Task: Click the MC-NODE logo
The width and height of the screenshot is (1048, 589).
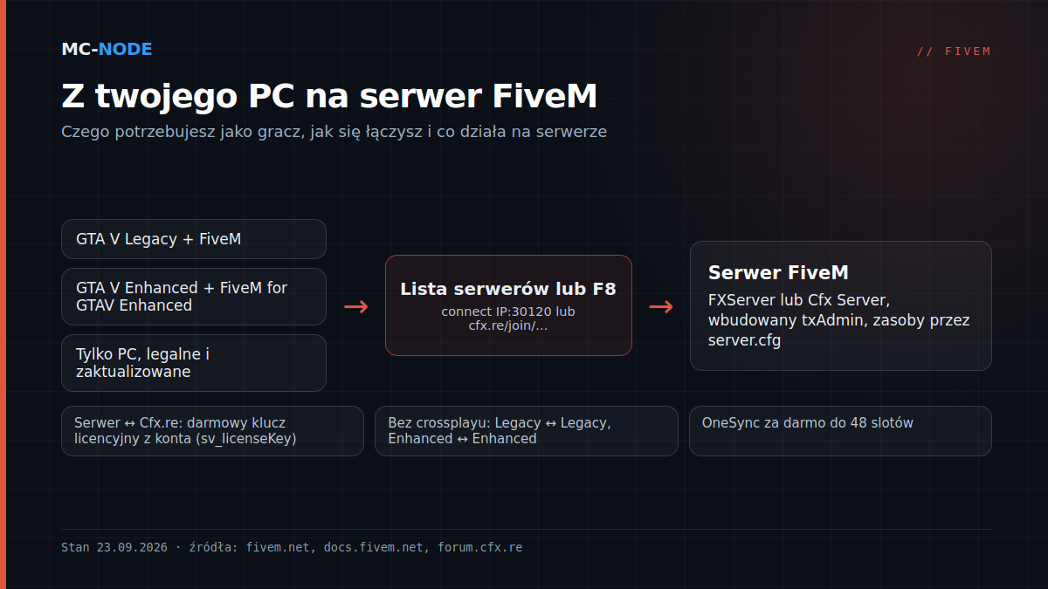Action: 107,49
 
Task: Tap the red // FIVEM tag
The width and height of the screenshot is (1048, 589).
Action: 954,51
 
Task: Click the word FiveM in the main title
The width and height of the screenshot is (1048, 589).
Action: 544,96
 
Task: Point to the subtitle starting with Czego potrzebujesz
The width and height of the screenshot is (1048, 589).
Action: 334,132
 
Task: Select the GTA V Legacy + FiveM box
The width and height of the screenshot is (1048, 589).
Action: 194,239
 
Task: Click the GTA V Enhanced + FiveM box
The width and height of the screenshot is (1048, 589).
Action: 194,297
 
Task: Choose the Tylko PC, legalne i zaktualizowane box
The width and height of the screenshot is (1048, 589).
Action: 194,363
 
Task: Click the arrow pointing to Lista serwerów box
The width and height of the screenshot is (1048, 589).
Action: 356,306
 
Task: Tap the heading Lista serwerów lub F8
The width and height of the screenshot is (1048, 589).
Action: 508,289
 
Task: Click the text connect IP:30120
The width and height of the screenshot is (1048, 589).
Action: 496,312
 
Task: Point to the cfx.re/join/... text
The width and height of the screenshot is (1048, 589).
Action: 508,325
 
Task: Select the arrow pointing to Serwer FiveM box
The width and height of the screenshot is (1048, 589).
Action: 661,306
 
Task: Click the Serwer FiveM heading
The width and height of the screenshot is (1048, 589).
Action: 778,272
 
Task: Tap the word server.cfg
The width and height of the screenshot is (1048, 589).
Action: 744,340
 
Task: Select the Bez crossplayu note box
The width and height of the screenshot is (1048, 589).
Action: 527,431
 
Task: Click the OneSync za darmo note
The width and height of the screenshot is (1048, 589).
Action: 807,422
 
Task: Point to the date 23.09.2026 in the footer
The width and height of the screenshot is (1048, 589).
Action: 132,547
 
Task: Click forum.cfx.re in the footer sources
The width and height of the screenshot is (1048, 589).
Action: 480,547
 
